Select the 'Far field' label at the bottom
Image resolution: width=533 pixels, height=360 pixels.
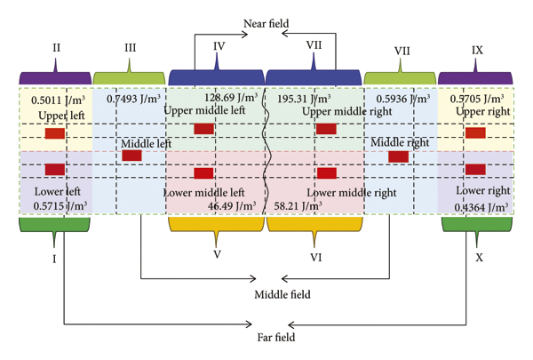pos(266,337)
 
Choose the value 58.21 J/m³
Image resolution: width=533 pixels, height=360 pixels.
pos(300,205)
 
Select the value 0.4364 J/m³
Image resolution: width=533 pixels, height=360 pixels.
pos(480,206)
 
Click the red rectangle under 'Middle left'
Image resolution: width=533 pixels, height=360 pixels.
pos(131,156)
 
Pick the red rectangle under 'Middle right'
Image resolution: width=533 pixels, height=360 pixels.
pos(398,156)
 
